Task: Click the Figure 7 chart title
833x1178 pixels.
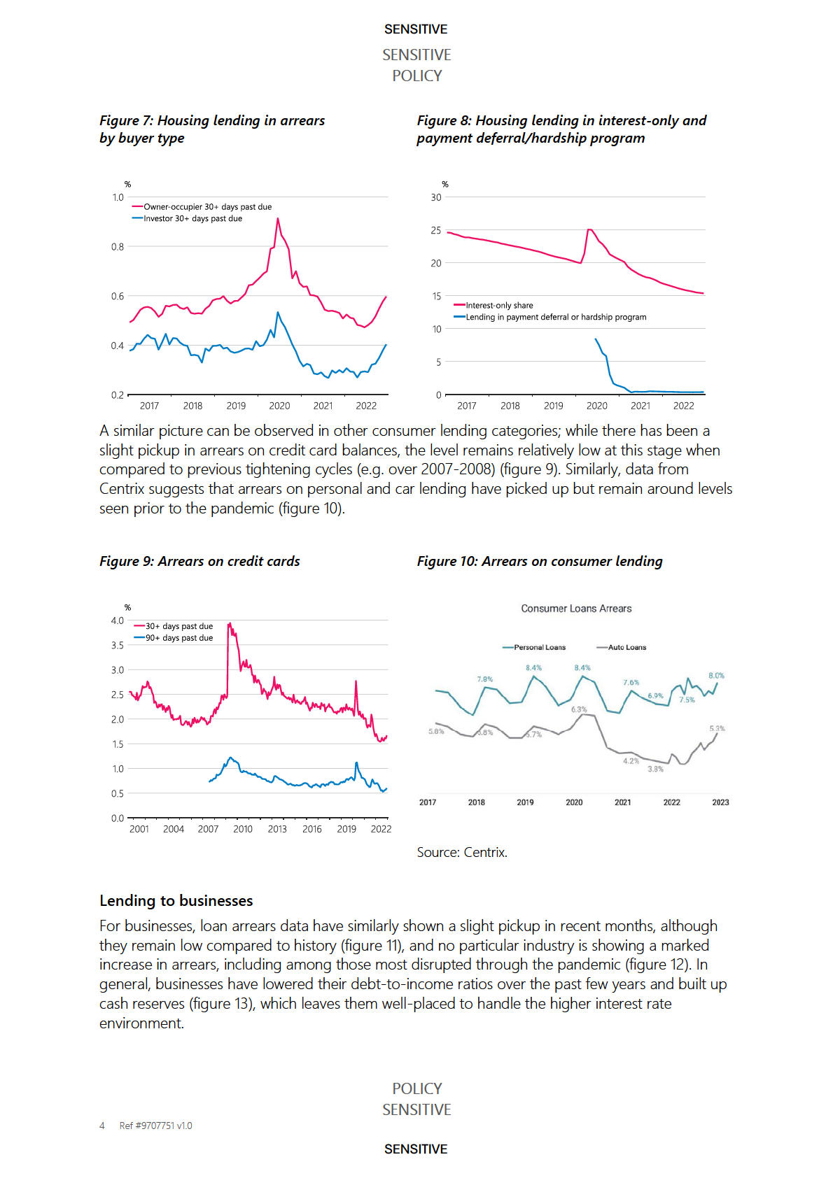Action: point(212,129)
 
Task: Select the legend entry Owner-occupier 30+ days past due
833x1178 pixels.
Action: point(207,207)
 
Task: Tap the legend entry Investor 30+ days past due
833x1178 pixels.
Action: point(192,219)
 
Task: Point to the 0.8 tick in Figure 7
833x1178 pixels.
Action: point(118,247)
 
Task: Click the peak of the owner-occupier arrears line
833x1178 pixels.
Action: point(278,219)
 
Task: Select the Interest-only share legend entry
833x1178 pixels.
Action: point(499,306)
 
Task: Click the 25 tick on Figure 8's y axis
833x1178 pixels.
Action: point(436,230)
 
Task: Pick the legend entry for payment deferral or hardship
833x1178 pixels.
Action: point(556,318)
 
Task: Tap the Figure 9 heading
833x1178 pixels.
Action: point(199,561)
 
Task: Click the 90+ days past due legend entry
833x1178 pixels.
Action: point(178,638)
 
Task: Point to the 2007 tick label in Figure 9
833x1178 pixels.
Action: point(208,829)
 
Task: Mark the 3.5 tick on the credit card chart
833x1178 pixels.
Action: point(118,645)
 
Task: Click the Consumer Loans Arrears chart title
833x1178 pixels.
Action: point(576,609)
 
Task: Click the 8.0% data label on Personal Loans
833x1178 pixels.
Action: point(716,676)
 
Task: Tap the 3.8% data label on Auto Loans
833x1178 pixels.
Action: point(655,769)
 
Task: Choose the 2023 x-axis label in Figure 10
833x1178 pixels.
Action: point(720,802)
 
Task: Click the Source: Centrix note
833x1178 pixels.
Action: point(462,852)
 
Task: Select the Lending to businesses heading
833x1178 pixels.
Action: point(176,901)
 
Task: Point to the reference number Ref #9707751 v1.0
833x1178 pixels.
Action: point(155,1126)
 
